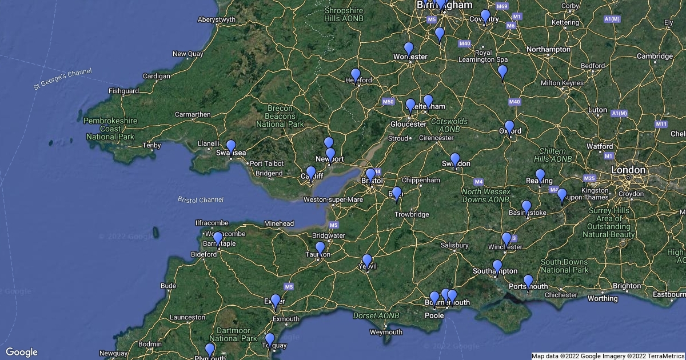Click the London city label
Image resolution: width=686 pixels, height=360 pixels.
(628, 170)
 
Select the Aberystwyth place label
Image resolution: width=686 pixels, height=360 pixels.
(217, 19)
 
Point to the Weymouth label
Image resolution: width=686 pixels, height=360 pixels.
(385, 332)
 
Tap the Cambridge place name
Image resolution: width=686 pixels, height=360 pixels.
(655, 56)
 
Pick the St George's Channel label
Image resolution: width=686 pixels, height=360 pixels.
(62, 79)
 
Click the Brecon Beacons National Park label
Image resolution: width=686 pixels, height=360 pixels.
(280, 116)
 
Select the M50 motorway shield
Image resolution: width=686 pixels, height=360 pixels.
(388, 102)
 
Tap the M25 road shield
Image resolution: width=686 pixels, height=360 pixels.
(589, 178)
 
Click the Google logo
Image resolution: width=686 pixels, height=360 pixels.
(21, 352)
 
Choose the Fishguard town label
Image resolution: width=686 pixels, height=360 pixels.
(123, 91)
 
